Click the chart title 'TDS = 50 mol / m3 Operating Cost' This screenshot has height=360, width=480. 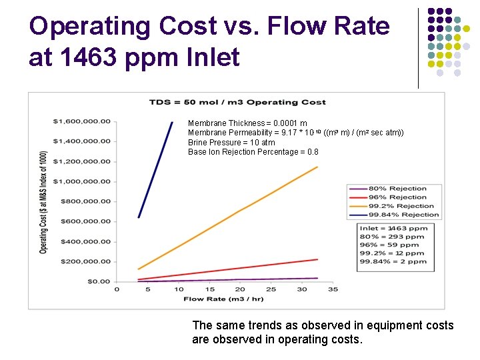(237, 102)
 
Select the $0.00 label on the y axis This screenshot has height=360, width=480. (99, 281)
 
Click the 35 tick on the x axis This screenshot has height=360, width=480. (333, 289)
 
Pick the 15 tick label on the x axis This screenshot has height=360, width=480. (209, 289)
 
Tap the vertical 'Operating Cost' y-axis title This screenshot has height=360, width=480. (43, 201)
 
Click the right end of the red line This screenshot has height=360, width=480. (317, 259)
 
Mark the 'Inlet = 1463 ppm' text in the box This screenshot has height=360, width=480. (393, 228)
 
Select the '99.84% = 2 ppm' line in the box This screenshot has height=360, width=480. (393, 262)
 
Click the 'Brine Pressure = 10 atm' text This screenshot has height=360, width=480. (231, 143)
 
